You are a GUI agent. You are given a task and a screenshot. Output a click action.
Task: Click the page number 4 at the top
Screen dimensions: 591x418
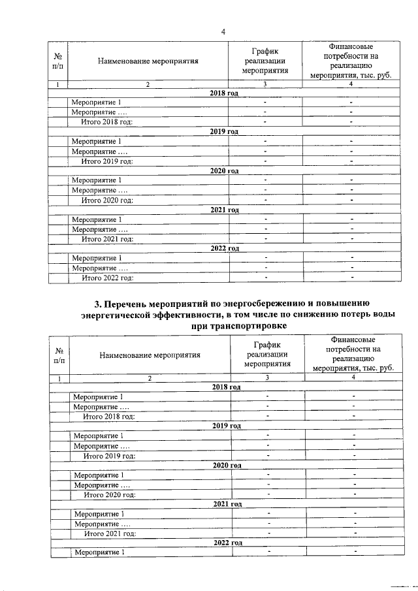(223, 32)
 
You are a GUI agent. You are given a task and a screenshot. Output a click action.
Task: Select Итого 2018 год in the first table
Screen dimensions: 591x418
(106, 121)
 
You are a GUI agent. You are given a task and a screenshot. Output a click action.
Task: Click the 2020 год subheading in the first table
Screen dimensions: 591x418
(224, 170)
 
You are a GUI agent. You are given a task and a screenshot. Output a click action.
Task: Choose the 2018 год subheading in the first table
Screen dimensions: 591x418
(224, 93)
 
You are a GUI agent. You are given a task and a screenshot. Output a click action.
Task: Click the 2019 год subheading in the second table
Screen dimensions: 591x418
(227, 426)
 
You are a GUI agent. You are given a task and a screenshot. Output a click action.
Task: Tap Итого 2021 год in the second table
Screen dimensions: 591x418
(110, 534)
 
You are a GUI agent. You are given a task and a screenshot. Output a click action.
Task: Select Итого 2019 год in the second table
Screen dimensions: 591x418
(110, 455)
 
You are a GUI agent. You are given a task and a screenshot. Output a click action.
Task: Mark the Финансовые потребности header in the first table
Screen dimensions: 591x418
(351, 61)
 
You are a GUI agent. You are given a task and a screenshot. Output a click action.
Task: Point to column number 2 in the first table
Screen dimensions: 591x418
(148, 84)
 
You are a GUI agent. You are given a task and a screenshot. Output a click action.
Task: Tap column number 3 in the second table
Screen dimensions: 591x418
(266, 378)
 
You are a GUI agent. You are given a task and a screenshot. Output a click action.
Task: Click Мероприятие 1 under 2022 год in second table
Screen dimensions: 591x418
(98, 552)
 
